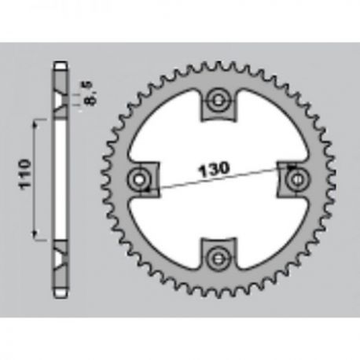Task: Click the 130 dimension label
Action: (214, 169)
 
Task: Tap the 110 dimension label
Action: (24, 174)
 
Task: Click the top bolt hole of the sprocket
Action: (218, 101)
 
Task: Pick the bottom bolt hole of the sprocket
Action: (218, 259)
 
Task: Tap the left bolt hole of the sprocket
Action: (139, 180)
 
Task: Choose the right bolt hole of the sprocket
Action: (297, 180)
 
